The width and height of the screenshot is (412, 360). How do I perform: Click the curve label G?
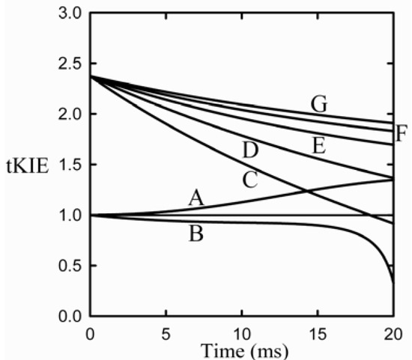coord(320,105)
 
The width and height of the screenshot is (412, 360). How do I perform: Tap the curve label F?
coord(402,135)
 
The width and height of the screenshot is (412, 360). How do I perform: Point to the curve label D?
coord(250,150)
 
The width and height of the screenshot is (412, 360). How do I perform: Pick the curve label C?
coord(249,179)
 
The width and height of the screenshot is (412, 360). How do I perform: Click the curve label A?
coord(196,198)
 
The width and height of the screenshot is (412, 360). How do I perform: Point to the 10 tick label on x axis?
coord(241,332)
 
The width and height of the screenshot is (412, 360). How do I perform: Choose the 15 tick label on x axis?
coord(317,332)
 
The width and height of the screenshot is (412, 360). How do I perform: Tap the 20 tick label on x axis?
coord(393,332)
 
